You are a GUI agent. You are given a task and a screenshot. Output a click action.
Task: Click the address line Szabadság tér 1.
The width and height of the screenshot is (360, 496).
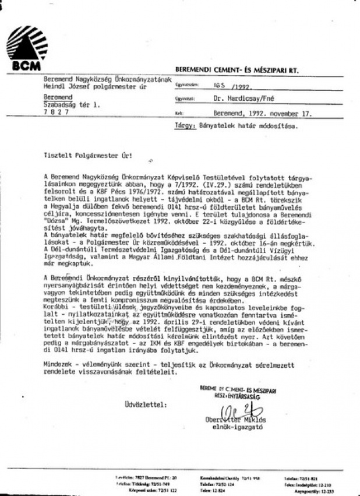tap(72, 104)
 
